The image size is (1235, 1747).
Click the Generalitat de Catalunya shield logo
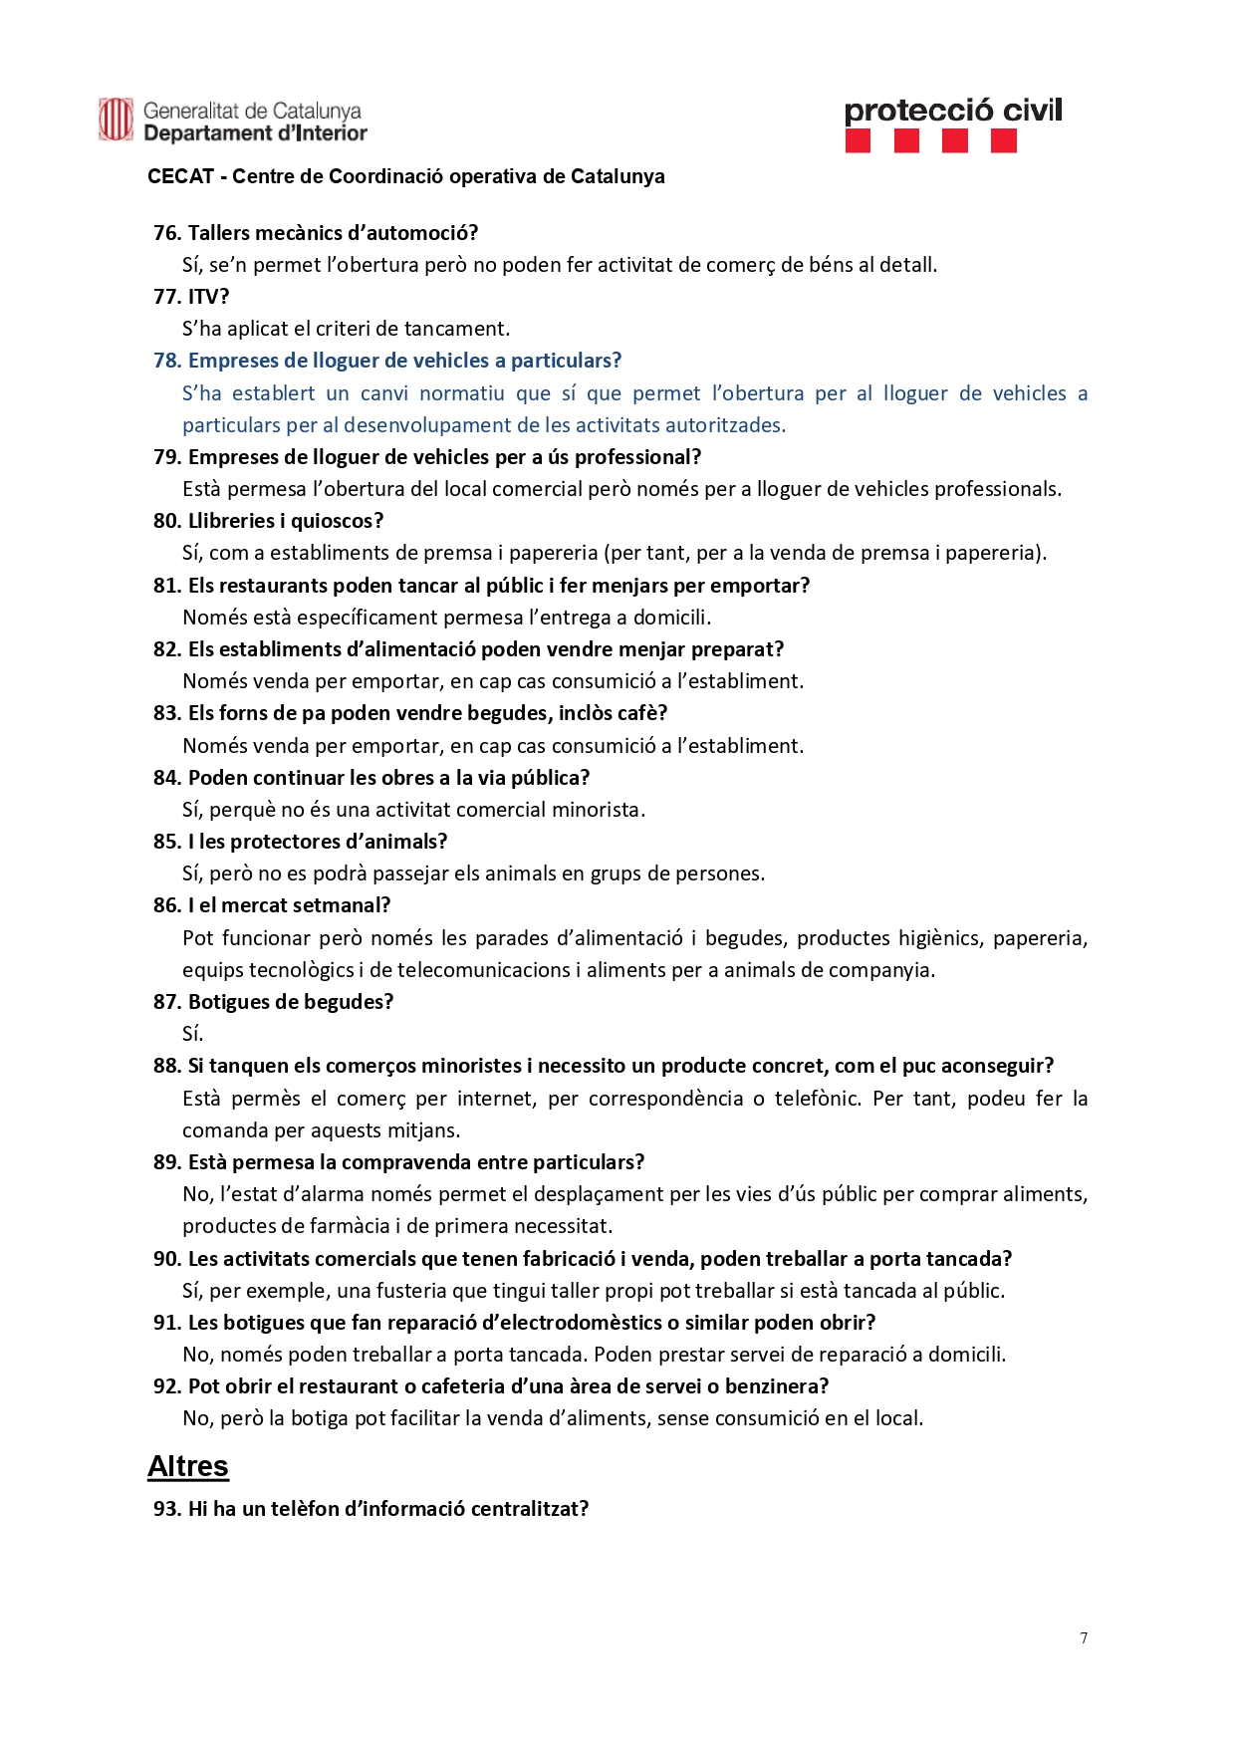pyautogui.click(x=116, y=120)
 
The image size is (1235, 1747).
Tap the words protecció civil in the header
pyautogui.click(x=953, y=110)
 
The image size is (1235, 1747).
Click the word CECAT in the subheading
pyautogui.click(x=181, y=176)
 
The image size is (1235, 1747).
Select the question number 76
pyautogui.click(x=166, y=233)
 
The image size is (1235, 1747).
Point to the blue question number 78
pyautogui.click(x=166, y=361)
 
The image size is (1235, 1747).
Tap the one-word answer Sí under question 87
pyautogui.click(x=192, y=1034)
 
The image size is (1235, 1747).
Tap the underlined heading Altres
pyautogui.click(x=188, y=1466)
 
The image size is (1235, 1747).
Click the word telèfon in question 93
pyautogui.click(x=304, y=1509)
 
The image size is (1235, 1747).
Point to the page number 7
pyautogui.click(x=1084, y=1638)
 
